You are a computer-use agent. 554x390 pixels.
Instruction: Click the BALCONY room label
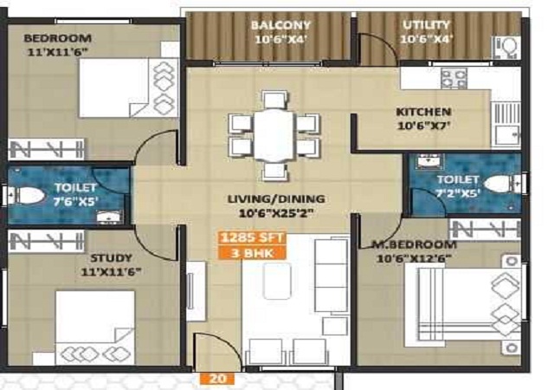coord(280,25)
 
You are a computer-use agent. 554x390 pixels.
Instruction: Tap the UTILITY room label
coord(427,25)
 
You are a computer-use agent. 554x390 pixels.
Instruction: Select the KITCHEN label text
coord(423,112)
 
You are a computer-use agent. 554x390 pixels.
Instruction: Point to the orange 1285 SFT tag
coord(252,237)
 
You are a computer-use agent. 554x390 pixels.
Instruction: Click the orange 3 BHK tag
coord(252,253)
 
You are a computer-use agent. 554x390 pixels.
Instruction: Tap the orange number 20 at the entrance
coord(217,379)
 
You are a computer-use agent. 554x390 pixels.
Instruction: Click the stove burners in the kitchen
coord(454,79)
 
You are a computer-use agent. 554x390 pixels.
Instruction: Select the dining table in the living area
coord(274,135)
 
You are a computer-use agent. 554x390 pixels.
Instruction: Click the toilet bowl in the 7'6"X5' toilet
coord(27,195)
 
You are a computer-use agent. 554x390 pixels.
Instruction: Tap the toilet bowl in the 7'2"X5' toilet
coord(502,184)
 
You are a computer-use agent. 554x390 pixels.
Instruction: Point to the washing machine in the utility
coord(506,48)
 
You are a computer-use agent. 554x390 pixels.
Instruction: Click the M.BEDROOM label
coord(415,244)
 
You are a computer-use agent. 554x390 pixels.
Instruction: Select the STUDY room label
coord(111,257)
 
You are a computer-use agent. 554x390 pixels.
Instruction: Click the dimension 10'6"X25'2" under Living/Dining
coord(276,213)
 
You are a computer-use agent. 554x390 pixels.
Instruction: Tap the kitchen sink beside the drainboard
coord(507,135)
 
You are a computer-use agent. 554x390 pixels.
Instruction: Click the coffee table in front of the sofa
coord(277,282)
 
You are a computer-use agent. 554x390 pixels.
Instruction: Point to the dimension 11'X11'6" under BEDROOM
coord(57,52)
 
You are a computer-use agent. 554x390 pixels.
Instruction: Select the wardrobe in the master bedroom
coord(485,230)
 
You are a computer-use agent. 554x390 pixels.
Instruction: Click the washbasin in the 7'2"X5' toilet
coord(428,161)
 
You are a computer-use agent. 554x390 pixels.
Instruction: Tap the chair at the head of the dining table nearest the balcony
coord(274,100)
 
